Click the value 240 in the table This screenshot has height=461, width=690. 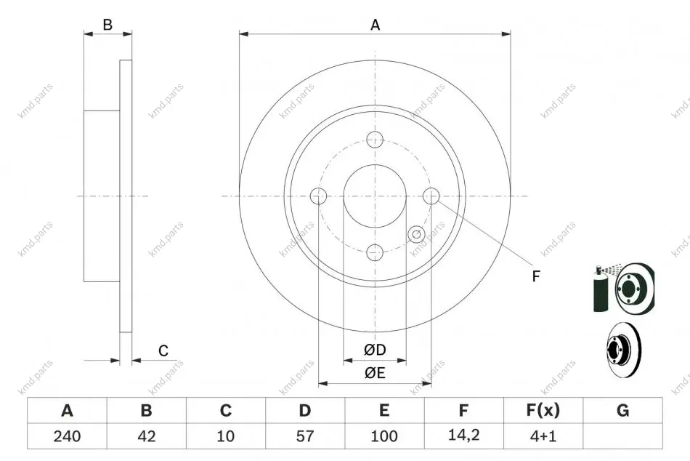pos(67,436)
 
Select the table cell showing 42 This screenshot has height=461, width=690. pos(147,436)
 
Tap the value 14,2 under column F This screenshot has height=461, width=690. pos(464,435)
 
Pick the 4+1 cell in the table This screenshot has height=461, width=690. pos(543,436)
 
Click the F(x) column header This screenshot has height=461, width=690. pos(543,410)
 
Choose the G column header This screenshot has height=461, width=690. pos(622,410)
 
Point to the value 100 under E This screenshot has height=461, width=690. pos(384,436)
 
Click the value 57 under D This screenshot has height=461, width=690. pos(305,436)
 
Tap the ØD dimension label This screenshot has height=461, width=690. pos(375,350)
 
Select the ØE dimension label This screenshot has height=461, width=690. pos(375,373)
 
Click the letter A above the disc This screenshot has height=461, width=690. pos(375,25)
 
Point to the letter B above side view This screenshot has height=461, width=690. pos(107,25)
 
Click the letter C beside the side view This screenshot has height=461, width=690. pos(163,350)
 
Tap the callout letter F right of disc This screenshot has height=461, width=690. pos(536,276)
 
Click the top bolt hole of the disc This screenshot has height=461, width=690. pos(375,140)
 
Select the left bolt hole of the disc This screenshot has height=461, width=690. pos(318,196)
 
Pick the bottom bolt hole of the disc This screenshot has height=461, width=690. pos(375,252)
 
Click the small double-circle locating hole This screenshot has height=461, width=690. pos(416,234)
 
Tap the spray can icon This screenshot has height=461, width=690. pos(600,289)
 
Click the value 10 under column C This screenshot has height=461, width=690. pos(226,436)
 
